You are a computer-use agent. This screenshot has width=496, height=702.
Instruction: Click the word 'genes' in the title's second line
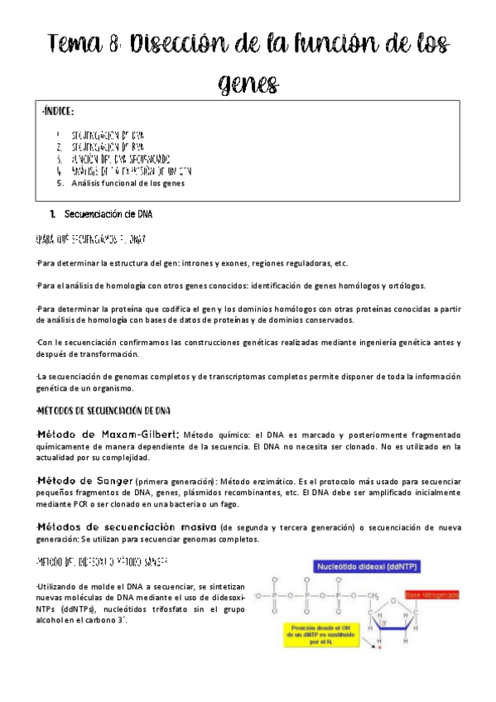[248, 83]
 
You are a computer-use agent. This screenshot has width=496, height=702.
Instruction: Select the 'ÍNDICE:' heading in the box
[59, 112]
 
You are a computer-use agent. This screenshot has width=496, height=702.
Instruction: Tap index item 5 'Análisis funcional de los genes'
[127, 184]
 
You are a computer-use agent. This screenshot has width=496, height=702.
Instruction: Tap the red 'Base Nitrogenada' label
[436, 595]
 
